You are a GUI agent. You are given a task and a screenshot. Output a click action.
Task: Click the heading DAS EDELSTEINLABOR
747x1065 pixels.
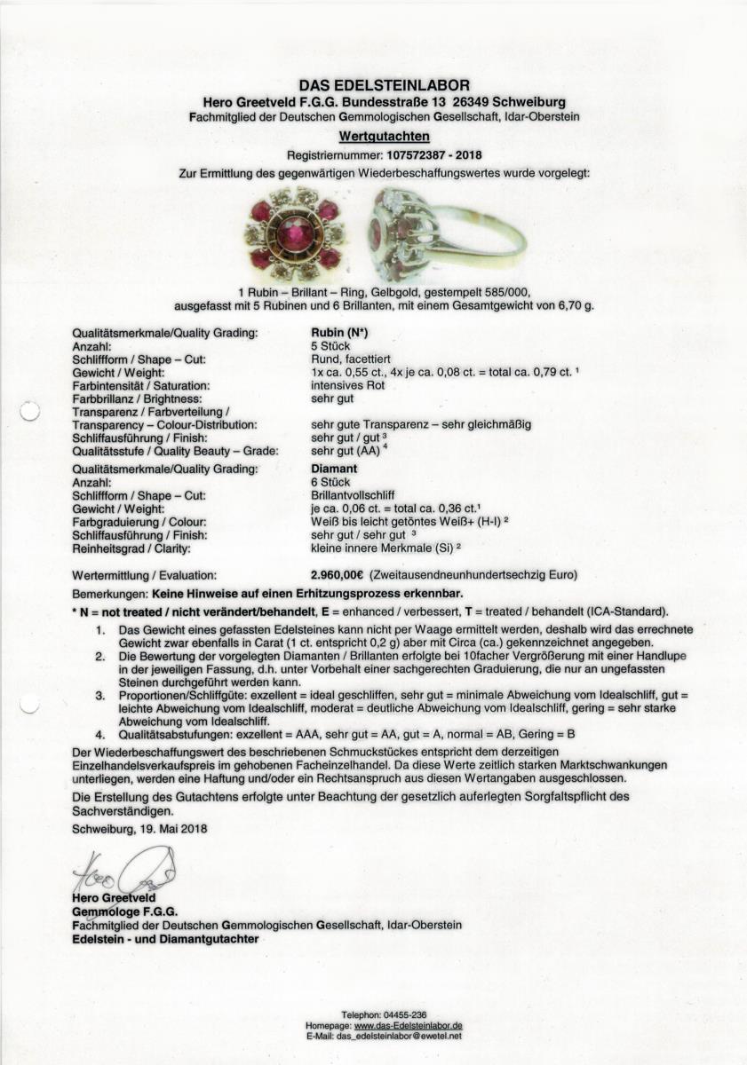pyautogui.click(x=384, y=85)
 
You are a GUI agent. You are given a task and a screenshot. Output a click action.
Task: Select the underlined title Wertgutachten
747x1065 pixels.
pyautogui.click(x=384, y=137)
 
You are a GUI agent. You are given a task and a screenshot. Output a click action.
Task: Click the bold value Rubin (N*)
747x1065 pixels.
pyautogui.click(x=330, y=333)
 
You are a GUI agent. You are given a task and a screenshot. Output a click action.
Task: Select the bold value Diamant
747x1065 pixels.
pyautogui.click(x=332, y=469)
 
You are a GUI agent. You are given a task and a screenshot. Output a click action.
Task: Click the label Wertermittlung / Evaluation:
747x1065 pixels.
pyautogui.click(x=142, y=576)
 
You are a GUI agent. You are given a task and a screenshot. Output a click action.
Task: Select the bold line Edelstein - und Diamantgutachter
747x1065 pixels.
pyautogui.click(x=165, y=938)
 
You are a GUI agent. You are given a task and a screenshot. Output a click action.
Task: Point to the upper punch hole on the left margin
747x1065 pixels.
pyautogui.click(x=28, y=411)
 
